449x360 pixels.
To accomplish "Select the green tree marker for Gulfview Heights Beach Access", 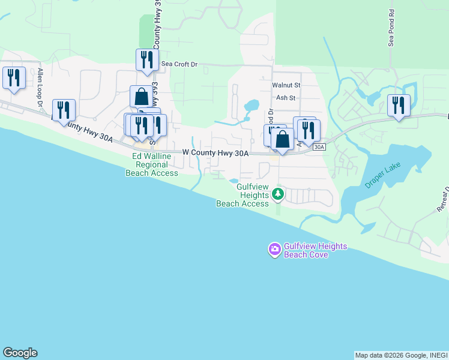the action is (x=277, y=194).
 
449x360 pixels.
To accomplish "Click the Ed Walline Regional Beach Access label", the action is (x=152, y=164).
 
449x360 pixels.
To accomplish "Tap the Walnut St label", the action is (x=286, y=86).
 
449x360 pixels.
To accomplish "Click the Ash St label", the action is (x=286, y=98).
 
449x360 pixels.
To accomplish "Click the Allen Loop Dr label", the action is (x=40, y=88).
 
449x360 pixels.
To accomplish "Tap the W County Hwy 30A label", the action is (x=215, y=154).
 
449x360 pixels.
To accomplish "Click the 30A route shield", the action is (x=319, y=146).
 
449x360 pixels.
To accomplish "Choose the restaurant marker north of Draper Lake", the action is (x=399, y=106).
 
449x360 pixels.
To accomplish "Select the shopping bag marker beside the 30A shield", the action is (x=282, y=139).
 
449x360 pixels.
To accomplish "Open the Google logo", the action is (x=20, y=353).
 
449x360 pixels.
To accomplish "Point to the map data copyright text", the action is (x=400, y=355).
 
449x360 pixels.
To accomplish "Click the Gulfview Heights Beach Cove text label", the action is (x=307, y=251).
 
